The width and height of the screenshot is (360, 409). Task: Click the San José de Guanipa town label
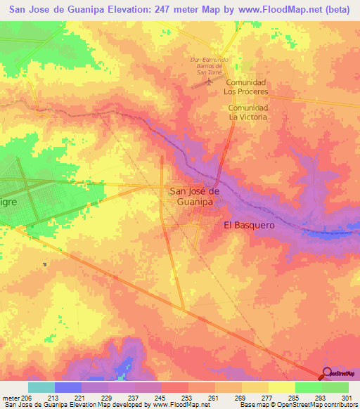click(196, 196)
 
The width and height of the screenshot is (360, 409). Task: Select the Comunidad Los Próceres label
click(246, 87)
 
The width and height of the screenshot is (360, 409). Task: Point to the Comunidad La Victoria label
click(248, 112)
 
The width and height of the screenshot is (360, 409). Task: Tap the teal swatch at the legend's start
click(41, 387)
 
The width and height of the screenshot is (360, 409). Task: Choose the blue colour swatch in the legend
click(67, 387)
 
